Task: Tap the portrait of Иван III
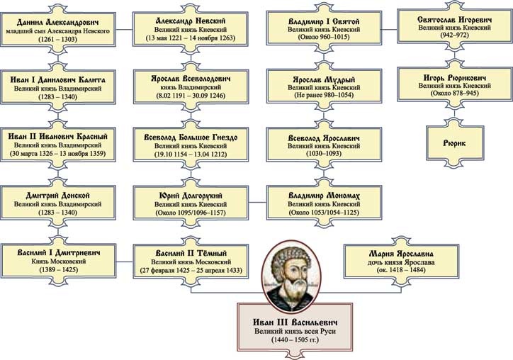292,265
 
